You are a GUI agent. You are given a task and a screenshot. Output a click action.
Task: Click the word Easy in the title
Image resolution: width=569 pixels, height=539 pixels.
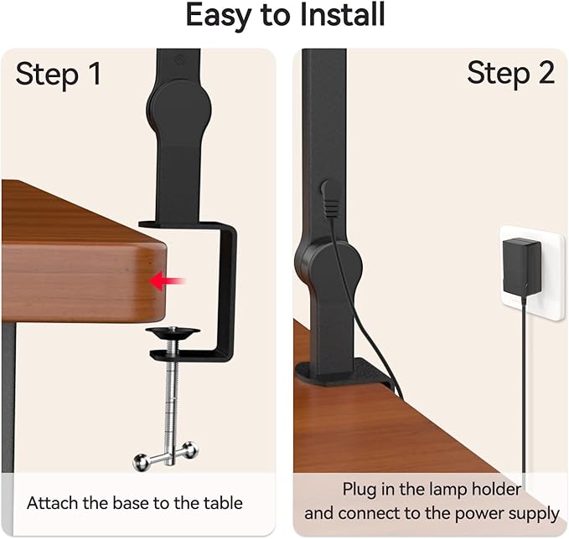click(x=220, y=15)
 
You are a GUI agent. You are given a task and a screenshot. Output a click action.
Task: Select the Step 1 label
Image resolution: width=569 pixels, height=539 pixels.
click(x=59, y=74)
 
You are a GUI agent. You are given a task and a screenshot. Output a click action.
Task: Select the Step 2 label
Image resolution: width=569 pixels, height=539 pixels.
click(x=510, y=74)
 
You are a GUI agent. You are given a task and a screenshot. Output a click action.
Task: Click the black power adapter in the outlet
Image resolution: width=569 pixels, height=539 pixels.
click(x=522, y=267)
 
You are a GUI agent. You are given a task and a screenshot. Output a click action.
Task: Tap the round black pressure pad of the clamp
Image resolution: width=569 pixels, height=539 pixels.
click(x=173, y=333)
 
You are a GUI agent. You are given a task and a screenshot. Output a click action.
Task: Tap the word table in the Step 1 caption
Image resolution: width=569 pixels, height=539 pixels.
click(x=222, y=503)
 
